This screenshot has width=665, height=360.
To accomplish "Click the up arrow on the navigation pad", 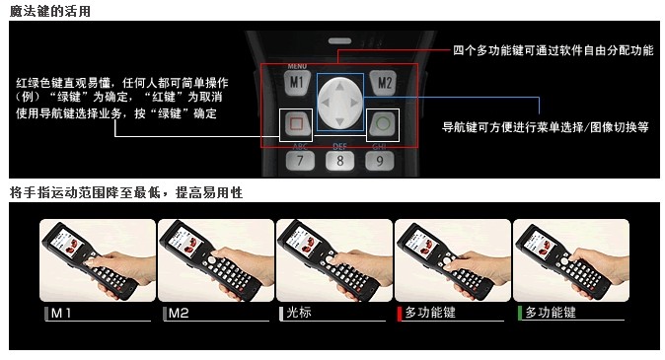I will (340, 85).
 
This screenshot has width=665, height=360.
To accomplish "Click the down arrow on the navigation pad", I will (340, 121).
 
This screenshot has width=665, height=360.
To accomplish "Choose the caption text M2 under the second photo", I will (179, 313).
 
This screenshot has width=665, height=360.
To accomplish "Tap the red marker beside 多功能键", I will (399, 313).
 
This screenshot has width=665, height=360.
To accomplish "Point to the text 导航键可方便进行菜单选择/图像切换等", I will (545, 128).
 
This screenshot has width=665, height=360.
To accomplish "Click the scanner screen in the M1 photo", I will (64, 242).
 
